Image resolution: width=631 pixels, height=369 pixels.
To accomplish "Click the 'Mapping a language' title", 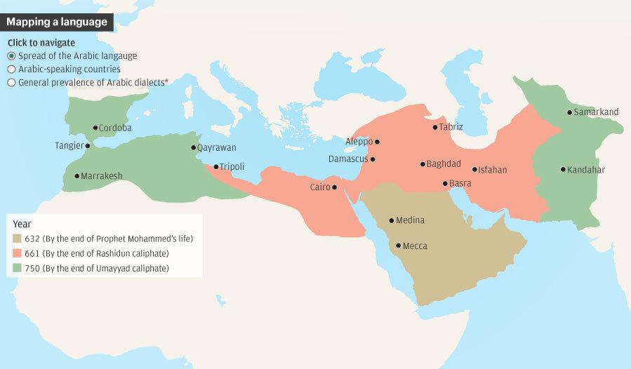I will (57, 22).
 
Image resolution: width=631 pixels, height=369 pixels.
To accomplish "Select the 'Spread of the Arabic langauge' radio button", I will (11, 56).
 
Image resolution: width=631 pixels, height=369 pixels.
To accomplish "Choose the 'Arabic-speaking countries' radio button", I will (11, 69).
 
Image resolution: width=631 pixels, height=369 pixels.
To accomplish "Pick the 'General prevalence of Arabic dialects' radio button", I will (11, 83).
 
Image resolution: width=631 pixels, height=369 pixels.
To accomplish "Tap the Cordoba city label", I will (116, 128).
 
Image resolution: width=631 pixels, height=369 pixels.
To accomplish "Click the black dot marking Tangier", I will (87, 146).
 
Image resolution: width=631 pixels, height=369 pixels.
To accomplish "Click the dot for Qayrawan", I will (194, 148).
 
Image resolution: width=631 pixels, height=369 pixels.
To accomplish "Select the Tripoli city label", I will (231, 167).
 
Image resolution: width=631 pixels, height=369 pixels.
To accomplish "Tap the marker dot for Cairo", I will (334, 187).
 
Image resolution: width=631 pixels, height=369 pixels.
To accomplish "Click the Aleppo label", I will (359, 142).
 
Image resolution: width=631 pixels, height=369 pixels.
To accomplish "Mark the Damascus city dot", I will (373, 159).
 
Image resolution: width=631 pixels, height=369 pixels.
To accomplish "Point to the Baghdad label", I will (444, 164).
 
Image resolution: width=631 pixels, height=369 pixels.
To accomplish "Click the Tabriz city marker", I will (434, 128).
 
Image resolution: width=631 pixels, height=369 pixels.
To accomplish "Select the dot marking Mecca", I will (399, 246).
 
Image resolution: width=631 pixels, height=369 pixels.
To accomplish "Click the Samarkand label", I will (596, 112).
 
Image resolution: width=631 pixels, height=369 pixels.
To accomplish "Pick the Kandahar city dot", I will (563, 170).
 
